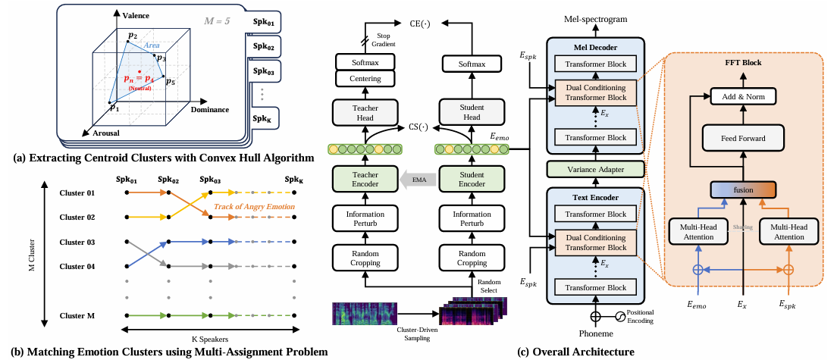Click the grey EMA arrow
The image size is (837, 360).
click(414, 180)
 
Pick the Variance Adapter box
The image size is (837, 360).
click(595, 170)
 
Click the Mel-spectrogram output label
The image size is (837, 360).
click(595, 17)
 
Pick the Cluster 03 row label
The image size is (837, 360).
click(78, 242)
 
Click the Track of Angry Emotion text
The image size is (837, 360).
click(254, 207)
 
